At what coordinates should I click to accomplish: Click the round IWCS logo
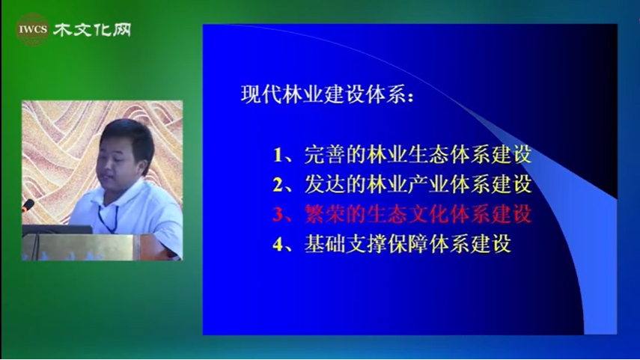point(33,29)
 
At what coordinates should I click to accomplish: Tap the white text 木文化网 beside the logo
point(92,29)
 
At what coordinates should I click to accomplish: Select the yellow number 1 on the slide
point(278,155)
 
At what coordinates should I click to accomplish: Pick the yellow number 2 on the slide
point(278,184)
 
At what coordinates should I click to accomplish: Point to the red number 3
point(278,214)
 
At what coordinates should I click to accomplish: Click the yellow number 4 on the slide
point(278,244)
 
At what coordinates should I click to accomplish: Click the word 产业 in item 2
point(429,184)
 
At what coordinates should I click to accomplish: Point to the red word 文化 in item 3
point(429,214)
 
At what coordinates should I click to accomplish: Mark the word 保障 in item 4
point(408,244)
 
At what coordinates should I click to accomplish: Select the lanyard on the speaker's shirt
point(108,219)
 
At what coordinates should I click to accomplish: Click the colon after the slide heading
point(410,97)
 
